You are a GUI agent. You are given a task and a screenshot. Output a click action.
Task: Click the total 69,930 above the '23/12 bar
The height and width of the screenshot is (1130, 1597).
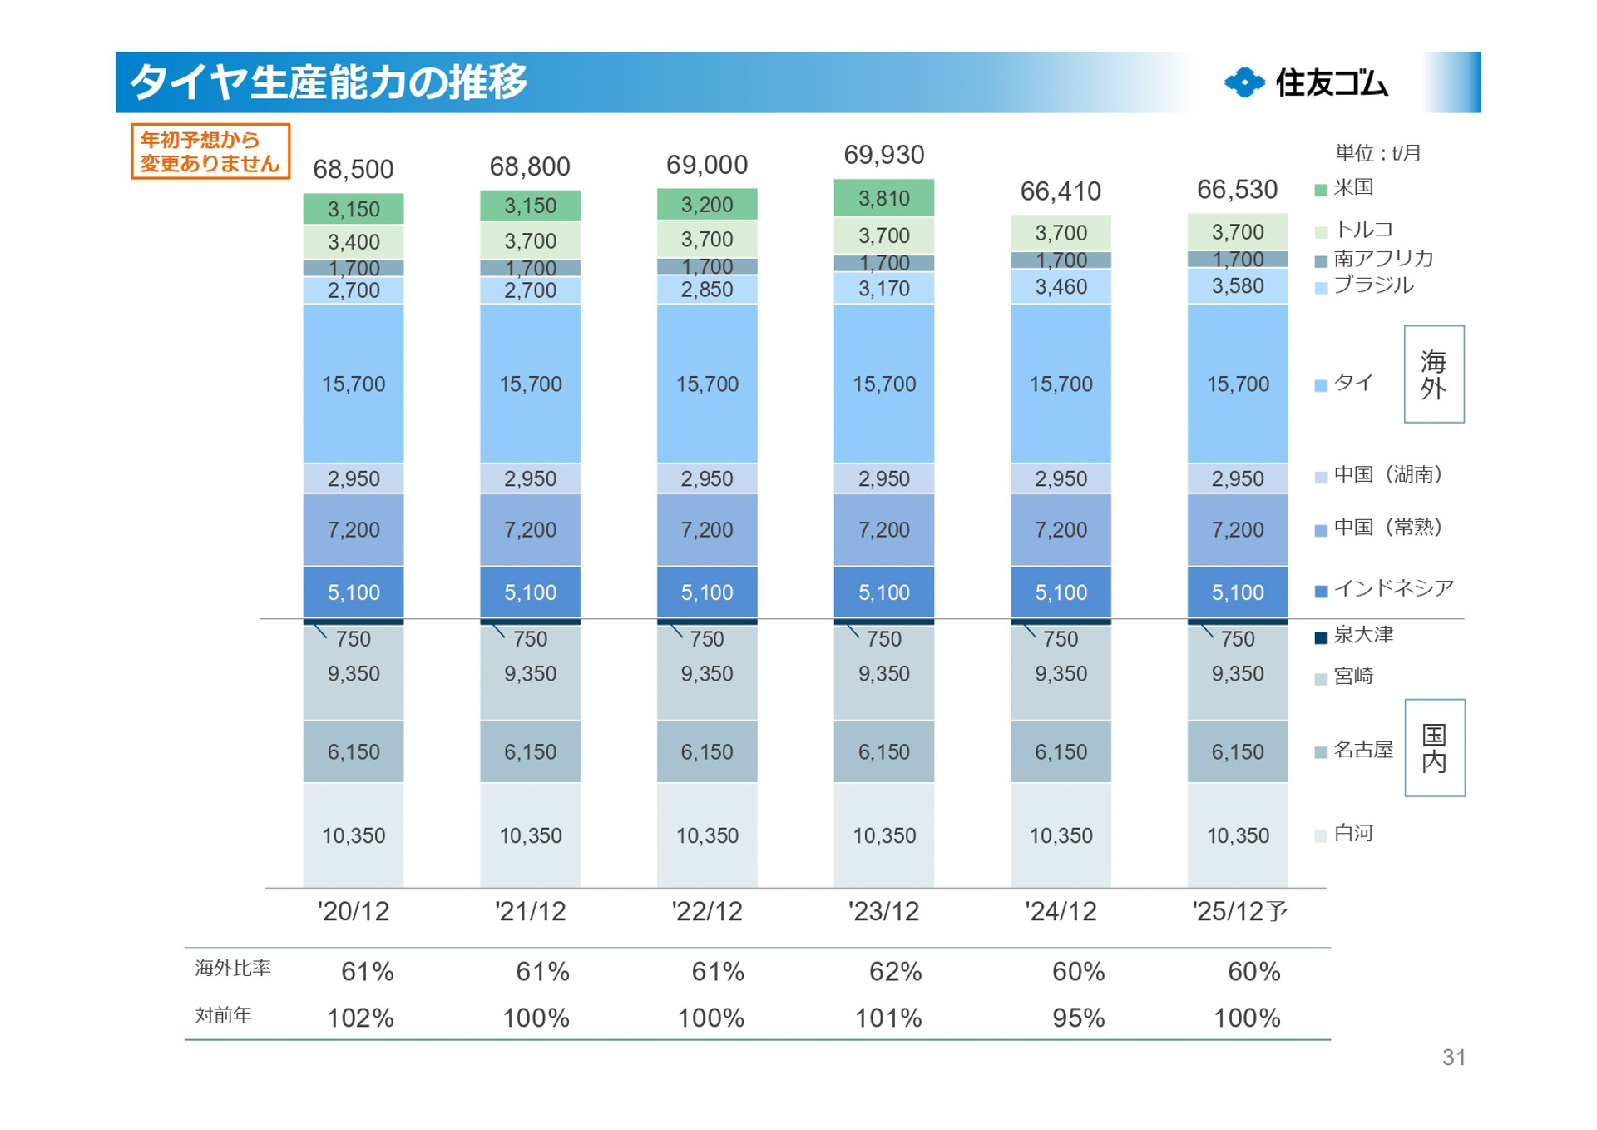[883, 155]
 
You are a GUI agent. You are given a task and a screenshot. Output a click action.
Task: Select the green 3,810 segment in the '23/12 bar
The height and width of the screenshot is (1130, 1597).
[883, 199]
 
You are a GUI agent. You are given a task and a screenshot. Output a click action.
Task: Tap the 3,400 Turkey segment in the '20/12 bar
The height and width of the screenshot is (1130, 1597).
[354, 242]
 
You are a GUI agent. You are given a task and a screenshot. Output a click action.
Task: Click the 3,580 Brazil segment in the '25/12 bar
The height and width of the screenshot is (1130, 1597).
[1237, 286]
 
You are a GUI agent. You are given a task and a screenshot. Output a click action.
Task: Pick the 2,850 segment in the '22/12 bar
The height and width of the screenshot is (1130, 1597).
[707, 290]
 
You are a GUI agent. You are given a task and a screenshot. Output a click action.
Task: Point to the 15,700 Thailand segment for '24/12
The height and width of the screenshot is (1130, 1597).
[1061, 384]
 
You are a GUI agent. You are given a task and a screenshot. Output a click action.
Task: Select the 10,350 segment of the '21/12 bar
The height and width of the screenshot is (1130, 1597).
[530, 835]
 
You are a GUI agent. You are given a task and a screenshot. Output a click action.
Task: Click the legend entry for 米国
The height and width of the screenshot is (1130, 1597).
[1352, 188]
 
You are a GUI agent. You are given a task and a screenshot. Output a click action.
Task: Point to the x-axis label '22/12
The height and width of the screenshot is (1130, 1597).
[707, 911]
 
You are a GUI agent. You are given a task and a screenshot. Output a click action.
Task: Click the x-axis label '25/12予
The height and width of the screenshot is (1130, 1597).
[1239, 911]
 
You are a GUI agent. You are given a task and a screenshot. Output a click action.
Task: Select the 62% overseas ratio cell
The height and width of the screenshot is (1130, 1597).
[895, 971]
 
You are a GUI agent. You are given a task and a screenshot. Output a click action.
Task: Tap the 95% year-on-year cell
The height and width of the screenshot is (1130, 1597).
[1078, 1018]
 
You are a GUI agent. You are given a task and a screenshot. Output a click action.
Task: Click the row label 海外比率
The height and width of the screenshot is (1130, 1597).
[233, 968]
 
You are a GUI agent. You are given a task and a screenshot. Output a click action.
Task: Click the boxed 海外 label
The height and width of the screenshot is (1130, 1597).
[1433, 374]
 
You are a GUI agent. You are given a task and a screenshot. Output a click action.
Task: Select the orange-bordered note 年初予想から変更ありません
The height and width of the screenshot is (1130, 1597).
[210, 151]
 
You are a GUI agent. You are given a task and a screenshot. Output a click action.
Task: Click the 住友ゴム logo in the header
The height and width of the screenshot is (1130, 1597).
[1306, 82]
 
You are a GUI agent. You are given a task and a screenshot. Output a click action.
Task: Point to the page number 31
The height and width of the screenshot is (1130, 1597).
[1453, 1057]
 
